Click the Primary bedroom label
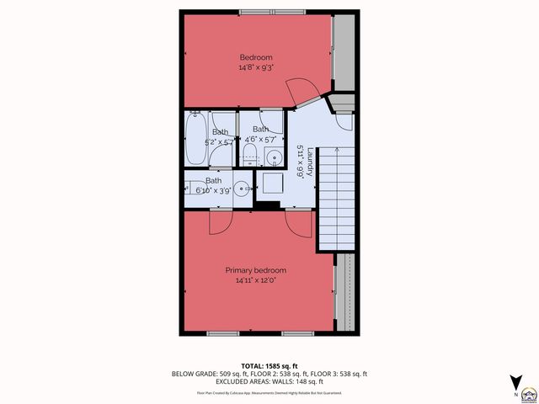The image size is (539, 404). (x=255, y=270)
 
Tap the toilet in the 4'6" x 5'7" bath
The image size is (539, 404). (x=249, y=151)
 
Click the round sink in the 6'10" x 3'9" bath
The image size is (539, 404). (x=240, y=189)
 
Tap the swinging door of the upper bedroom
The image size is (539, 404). (x=302, y=90)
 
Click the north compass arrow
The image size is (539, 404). (x=515, y=381)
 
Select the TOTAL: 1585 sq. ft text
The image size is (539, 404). (x=269, y=365)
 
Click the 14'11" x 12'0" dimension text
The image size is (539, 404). (x=255, y=280)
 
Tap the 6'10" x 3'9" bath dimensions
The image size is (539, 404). (x=214, y=190)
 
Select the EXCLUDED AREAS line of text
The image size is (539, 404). (x=269, y=381)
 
